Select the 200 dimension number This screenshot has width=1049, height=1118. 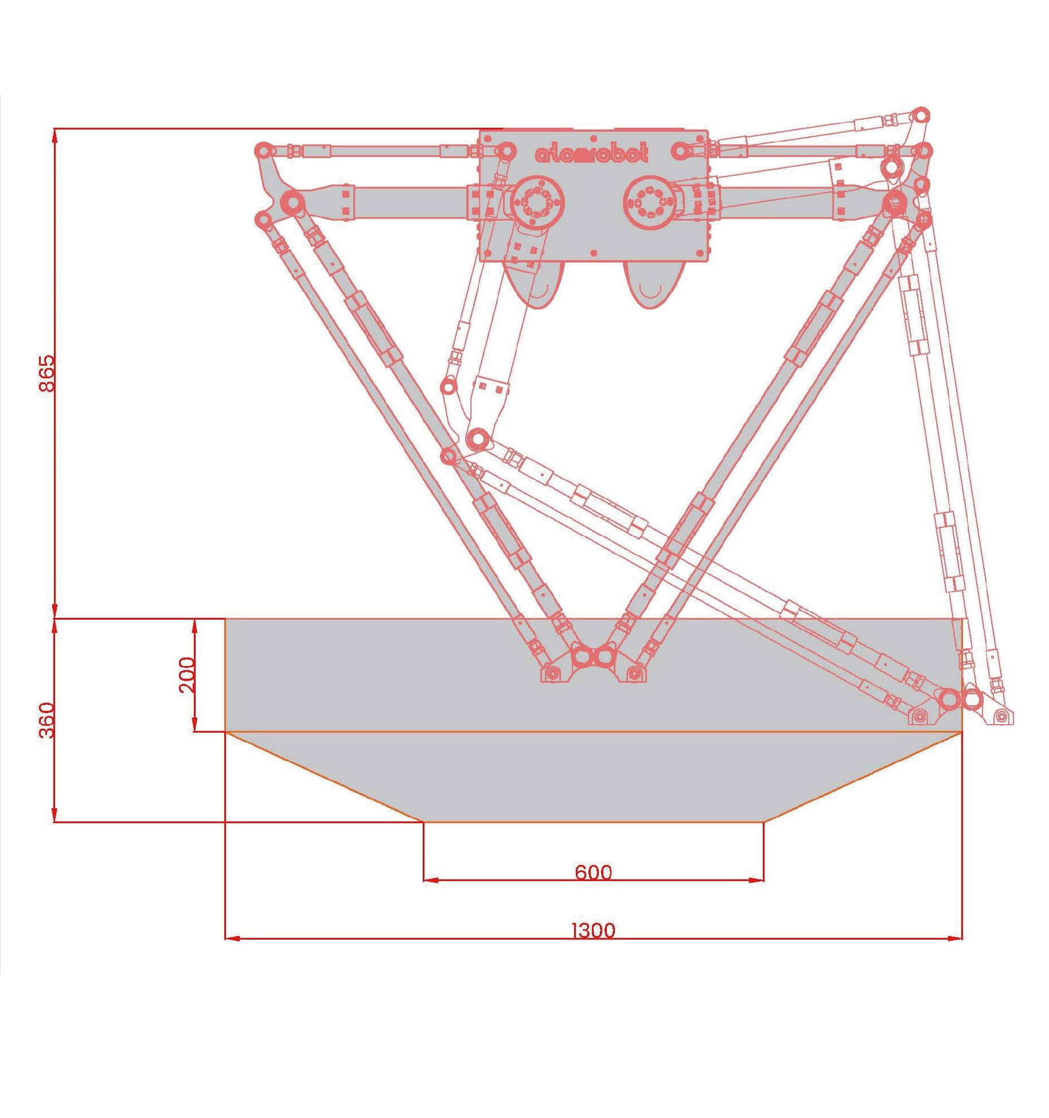pos(187,675)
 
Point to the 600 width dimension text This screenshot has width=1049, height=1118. pos(593,872)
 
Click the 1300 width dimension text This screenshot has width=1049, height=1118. pos(594,930)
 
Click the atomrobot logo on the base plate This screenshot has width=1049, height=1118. pos(592,153)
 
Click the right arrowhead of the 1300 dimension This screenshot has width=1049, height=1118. pos(955,939)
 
